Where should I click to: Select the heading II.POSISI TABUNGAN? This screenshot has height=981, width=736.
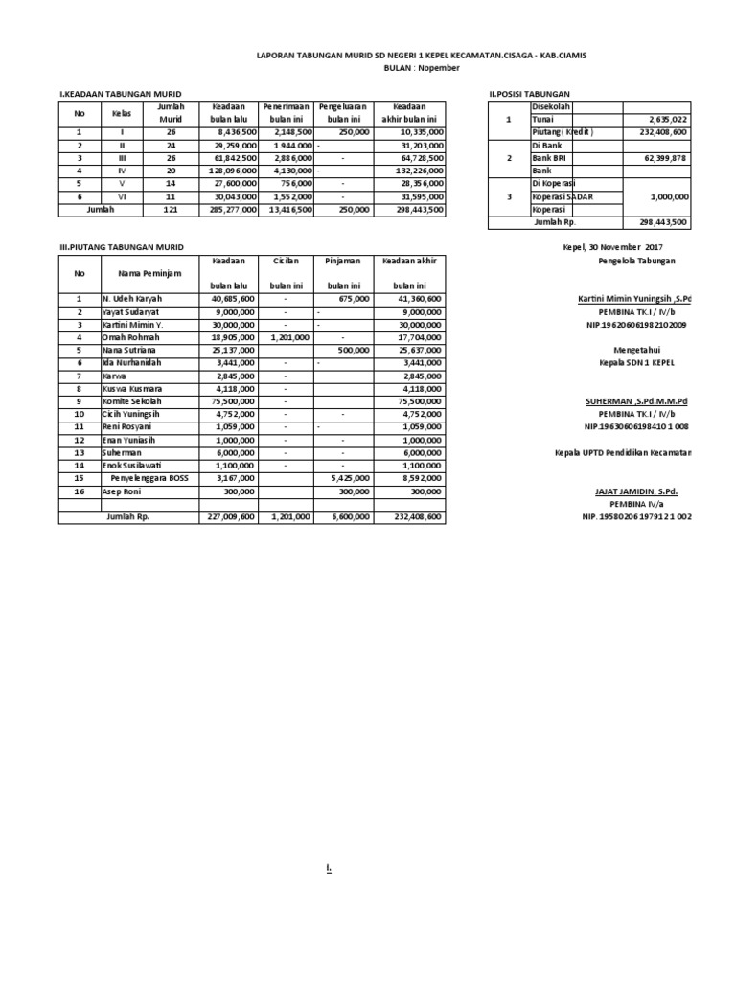[x=529, y=94]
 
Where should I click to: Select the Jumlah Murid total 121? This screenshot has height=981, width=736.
[x=171, y=208]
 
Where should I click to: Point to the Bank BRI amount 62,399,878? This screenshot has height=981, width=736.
[x=660, y=157]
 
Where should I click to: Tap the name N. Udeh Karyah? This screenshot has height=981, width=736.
[x=134, y=299]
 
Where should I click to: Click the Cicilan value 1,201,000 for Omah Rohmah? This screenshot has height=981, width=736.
[x=286, y=337]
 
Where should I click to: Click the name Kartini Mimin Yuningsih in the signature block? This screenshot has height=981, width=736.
[x=635, y=299]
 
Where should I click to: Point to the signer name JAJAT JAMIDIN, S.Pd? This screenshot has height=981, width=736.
[x=635, y=490]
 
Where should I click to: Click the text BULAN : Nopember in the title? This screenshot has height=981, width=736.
[x=422, y=68]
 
